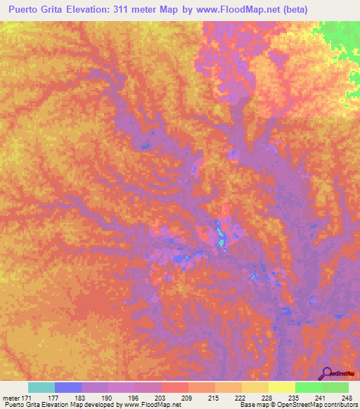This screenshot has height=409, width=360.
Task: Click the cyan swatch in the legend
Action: click(x=41, y=387)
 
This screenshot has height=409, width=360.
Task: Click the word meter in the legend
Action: click(x=12, y=398)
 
